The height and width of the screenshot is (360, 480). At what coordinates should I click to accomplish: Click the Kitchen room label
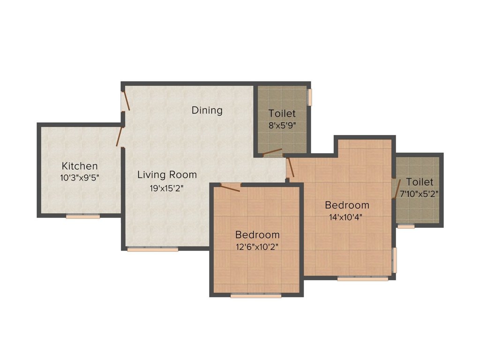(80, 166)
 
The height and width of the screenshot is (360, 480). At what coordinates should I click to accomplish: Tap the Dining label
(207, 111)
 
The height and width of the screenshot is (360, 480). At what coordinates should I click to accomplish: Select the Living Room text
(167, 175)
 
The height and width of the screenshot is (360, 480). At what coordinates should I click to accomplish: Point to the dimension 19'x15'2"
(167, 189)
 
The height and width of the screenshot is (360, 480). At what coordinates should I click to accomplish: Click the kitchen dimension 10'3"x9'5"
(80, 178)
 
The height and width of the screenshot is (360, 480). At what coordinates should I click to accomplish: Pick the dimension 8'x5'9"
(282, 126)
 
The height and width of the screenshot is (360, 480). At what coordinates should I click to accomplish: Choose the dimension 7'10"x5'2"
(416, 194)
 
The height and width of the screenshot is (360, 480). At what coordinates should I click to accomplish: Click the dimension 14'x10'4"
(347, 217)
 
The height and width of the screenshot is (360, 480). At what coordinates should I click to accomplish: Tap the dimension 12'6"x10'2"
(257, 247)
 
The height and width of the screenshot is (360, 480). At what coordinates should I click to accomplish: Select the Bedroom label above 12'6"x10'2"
(257, 235)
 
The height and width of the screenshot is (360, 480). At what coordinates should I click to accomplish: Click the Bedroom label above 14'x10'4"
(347, 205)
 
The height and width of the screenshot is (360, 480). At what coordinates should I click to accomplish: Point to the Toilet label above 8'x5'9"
(282, 113)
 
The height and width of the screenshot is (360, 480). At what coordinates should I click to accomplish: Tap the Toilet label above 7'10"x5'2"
(420, 182)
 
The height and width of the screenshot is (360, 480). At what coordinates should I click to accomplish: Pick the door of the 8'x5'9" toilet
(272, 152)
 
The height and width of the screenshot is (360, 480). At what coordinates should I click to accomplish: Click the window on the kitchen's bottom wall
(82, 217)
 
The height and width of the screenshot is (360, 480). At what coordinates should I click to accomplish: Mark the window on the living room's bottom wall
(152, 249)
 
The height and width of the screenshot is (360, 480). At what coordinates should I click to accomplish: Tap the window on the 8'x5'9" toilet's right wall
(309, 97)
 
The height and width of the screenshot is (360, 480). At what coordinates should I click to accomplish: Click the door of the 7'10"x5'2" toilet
(396, 189)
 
